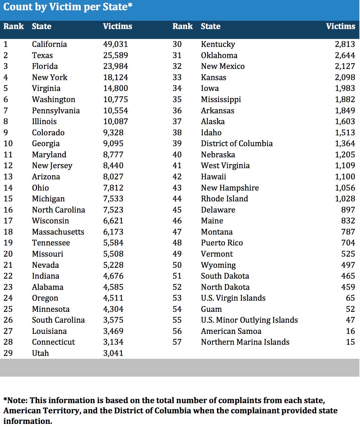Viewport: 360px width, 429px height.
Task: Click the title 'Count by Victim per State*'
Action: (x=68, y=7)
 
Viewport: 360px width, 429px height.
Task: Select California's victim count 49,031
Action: (x=115, y=44)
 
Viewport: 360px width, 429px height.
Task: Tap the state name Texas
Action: (x=42, y=55)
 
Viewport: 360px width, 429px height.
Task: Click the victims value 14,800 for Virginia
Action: (x=115, y=88)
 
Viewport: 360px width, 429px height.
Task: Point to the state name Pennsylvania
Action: (x=56, y=110)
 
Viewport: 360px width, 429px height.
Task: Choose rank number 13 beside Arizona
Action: (x=8, y=177)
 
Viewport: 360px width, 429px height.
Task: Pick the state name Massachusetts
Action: (x=58, y=232)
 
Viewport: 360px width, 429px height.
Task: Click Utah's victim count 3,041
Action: (x=113, y=353)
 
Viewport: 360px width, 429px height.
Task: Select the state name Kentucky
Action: (x=218, y=44)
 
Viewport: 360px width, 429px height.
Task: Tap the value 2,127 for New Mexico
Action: (x=345, y=66)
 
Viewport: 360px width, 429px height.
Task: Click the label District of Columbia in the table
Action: (x=237, y=143)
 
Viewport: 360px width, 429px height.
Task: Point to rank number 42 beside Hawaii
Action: (x=177, y=177)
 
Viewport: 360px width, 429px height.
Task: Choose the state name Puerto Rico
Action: (x=222, y=243)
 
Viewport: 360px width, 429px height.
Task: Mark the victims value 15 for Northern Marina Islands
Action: (x=350, y=342)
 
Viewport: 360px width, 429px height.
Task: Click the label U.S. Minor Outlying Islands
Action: (x=249, y=320)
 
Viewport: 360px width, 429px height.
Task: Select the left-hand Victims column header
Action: (x=117, y=26)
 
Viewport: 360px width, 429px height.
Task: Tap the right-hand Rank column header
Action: (x=183, y=26)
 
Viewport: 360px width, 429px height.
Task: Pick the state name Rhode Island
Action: (x=224, y=199)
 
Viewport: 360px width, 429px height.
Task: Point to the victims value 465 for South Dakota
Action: (x=348, y=276)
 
